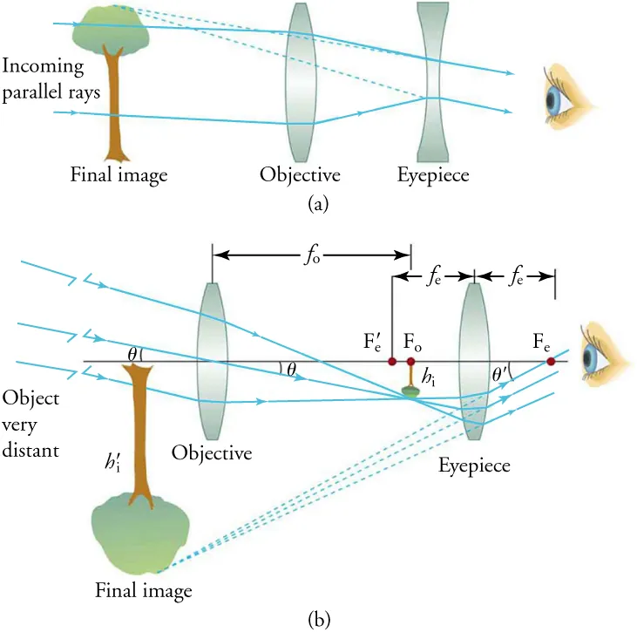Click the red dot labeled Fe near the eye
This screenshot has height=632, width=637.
(550, 361)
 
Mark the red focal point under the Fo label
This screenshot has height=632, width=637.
(411, 361)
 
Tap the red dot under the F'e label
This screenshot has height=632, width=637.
(392, 361)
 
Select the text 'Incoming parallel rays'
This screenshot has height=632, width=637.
(43, 76)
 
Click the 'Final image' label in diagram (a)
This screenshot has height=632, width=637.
(119, 175)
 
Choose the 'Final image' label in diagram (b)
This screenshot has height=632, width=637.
(144, 590)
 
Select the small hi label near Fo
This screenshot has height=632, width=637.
(428, 377)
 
